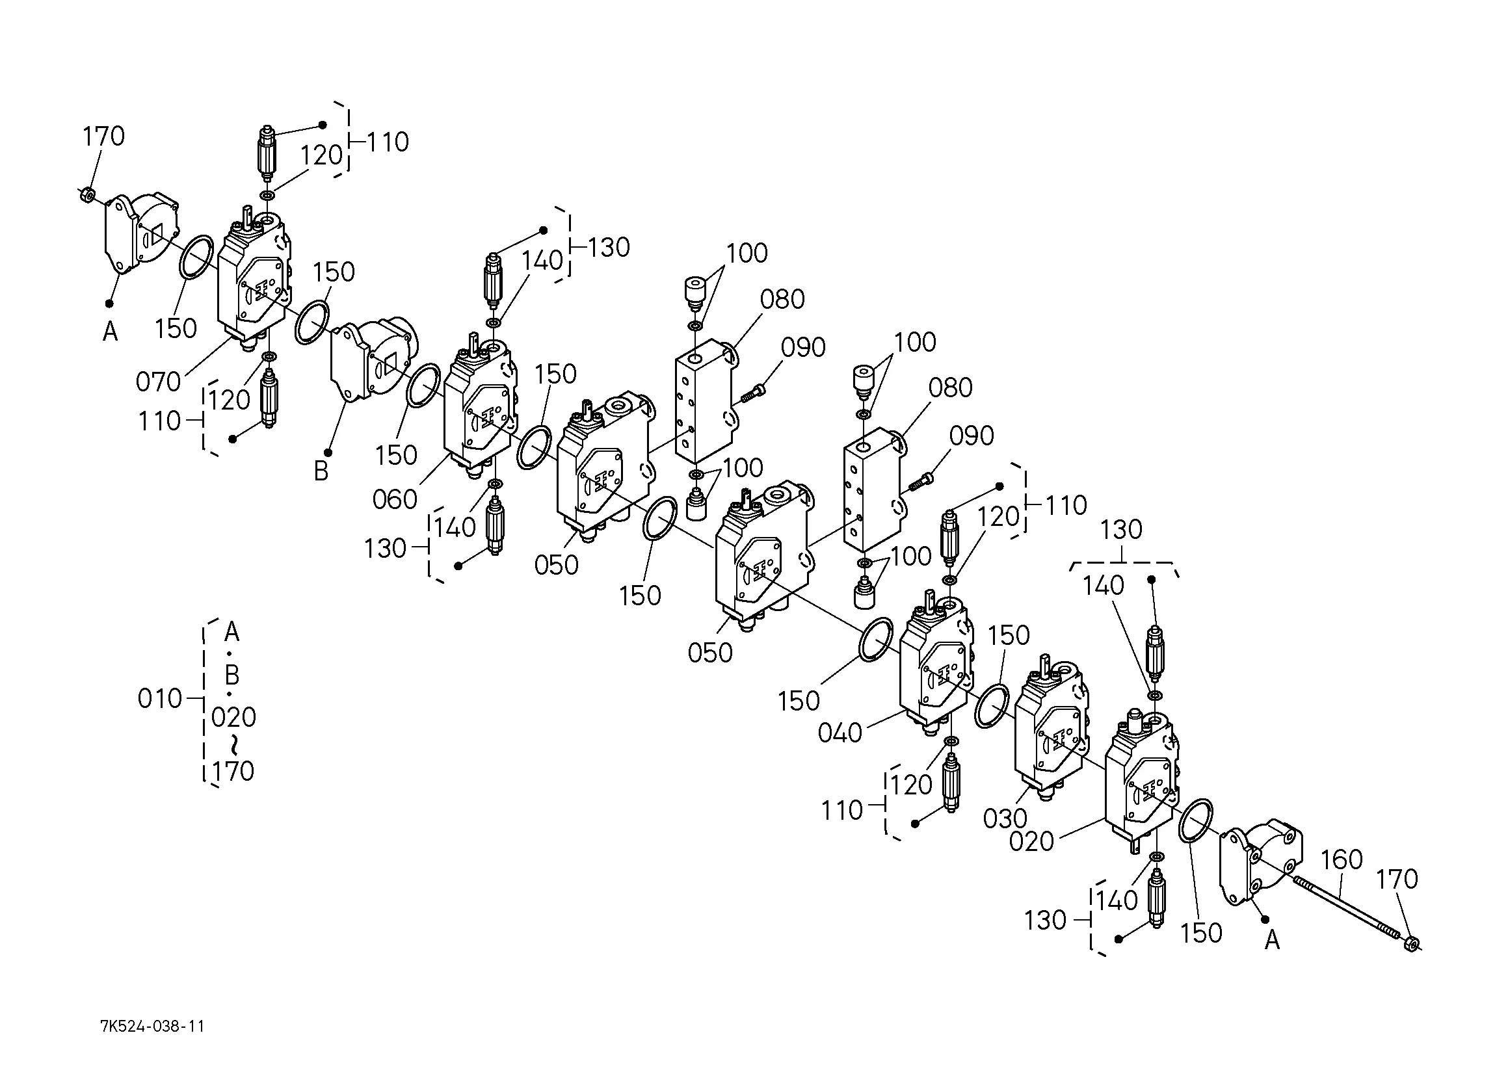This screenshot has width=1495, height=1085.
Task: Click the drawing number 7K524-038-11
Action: point(152,1026)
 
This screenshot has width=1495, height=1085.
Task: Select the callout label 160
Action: point(1342,859)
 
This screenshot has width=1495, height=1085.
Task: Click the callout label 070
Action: point(158,382)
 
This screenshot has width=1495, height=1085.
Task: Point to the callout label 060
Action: point(395,500)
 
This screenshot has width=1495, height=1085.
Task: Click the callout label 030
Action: point(1005,818)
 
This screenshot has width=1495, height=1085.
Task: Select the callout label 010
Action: point(159,699)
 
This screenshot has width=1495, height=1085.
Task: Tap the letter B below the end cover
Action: point(321,471)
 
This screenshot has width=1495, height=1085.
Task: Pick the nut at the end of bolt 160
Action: point(1410,943)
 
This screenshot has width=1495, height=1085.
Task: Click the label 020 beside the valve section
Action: point(1031,842)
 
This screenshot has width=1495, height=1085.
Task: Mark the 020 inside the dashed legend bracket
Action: point(234,717)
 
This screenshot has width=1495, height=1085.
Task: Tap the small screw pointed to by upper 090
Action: point(752,393)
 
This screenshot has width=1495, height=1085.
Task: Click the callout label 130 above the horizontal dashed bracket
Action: point(1121,530)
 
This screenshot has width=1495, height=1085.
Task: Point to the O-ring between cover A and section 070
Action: point(196,256)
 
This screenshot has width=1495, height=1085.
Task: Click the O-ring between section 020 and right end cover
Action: point(1195,820)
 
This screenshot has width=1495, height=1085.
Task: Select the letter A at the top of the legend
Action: point(232,632)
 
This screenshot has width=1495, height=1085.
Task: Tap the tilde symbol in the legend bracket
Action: point(234,745)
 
